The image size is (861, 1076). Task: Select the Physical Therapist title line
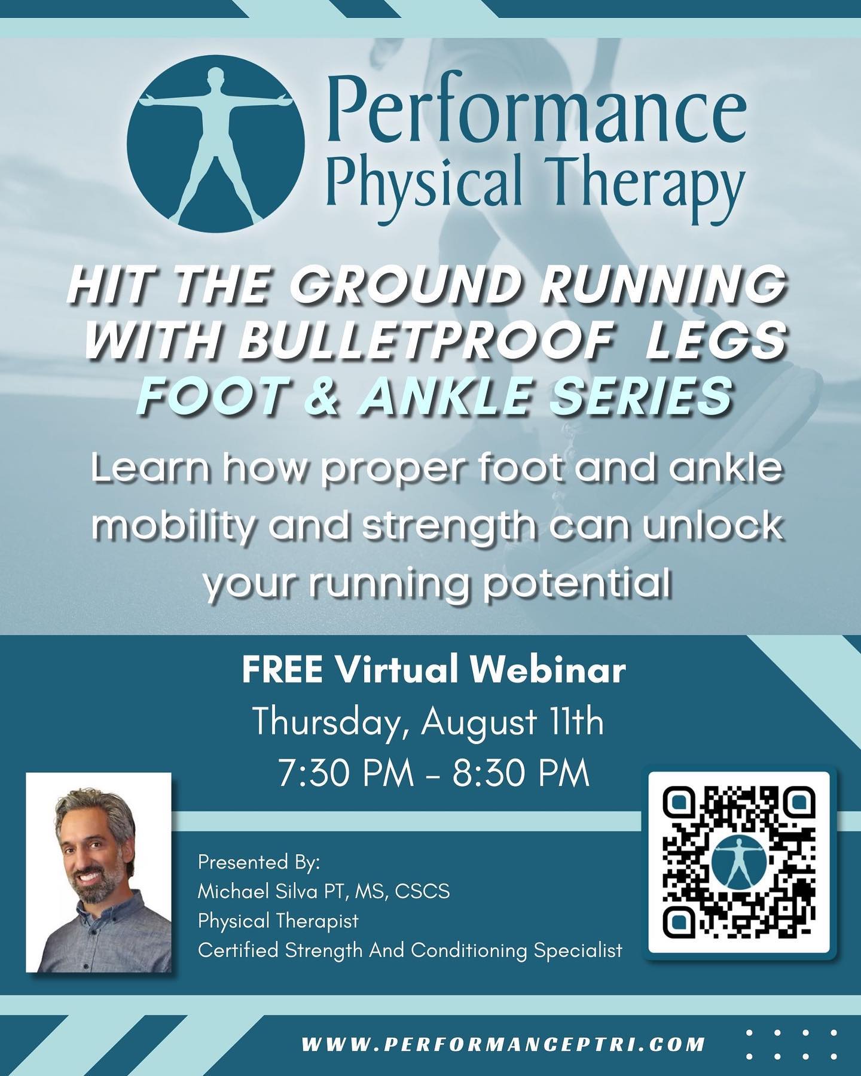(278, 920)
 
